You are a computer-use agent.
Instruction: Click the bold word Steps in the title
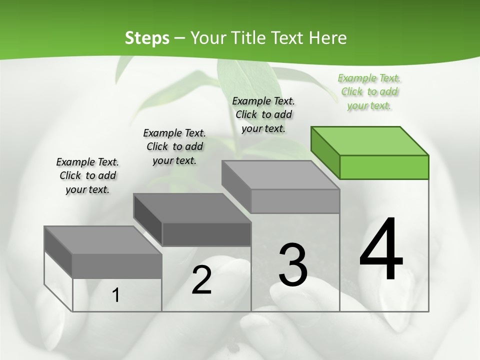(x=147, y=38)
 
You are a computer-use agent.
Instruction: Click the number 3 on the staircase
(x=293, y=265)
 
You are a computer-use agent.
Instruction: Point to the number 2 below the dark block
(x=201, y=280)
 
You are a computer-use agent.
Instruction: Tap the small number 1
(x=115, y=295)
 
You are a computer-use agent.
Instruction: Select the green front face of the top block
(x=384, y=167)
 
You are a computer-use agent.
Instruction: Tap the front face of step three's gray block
(x=295, y=201)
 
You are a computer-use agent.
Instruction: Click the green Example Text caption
(x=369, y=91)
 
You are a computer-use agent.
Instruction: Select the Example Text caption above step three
(x=263, y=114)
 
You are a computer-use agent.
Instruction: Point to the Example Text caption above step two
(x=174, y=146)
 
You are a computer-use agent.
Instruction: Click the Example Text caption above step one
(x=87, y=175)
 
